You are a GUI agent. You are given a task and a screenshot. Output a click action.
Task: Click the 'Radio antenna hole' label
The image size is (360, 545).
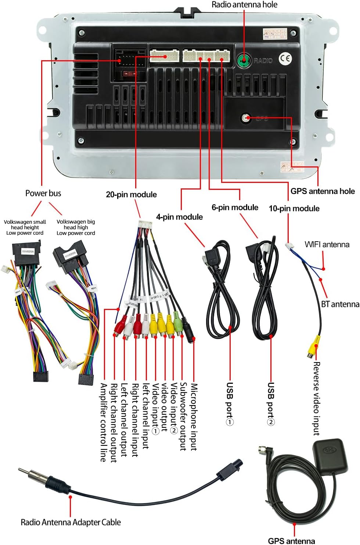(244, 5)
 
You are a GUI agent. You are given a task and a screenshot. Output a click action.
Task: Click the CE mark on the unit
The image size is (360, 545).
(285, 59)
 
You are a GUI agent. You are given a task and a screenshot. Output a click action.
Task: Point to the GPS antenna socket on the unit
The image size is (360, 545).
(246, 118)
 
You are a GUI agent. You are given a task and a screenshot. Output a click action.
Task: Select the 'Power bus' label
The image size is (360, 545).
(43, 193)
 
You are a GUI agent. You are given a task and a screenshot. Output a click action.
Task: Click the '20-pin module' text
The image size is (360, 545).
(131, 195)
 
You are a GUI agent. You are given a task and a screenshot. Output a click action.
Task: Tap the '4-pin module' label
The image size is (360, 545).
(179, 217)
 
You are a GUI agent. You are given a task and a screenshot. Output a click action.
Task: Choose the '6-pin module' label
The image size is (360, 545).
(235, 207)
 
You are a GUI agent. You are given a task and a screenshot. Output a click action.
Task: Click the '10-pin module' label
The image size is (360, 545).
(294, 209)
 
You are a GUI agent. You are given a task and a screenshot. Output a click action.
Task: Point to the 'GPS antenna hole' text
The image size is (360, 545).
(322, 191)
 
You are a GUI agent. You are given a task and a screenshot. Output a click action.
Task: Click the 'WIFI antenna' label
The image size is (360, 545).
(327, 245)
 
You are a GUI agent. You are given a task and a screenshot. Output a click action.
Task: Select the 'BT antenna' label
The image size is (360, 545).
(340, 304)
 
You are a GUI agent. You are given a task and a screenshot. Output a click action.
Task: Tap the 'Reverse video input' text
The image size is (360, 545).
(316, 398)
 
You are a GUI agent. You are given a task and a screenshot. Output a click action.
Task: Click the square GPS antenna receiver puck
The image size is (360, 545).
(330, 455)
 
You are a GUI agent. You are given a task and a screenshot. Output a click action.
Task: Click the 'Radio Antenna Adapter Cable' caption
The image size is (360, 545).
(71, 522)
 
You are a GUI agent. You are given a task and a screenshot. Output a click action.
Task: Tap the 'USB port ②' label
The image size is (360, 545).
(271, 403)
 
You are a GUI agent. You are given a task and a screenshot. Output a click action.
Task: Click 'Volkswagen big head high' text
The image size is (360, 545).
(76, 224)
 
